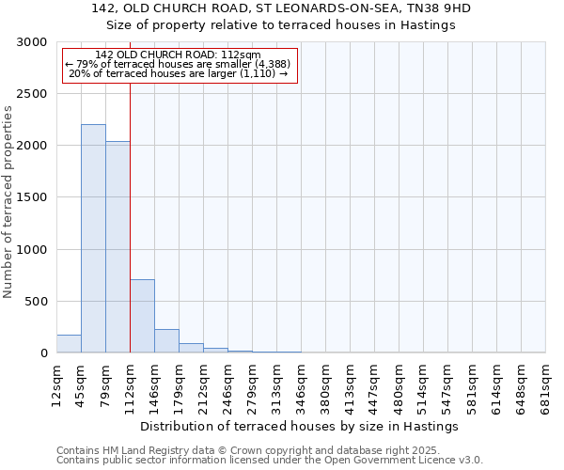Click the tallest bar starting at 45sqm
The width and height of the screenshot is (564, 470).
[x=93, y=239]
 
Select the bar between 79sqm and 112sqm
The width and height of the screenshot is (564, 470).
[x=117, y=247]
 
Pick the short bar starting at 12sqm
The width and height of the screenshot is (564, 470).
[x=69, y=344]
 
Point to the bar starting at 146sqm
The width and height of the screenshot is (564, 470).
[x=166, y=341]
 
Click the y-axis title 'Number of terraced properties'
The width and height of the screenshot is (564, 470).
[x=8, y=202]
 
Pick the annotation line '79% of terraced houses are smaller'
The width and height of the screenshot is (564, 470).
[x=179, y=64]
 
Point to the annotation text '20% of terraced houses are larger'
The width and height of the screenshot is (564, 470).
[x=179, y=73]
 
